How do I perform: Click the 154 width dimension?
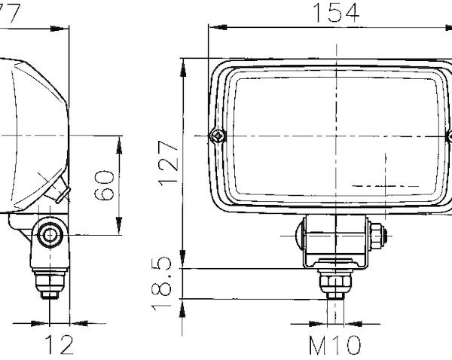336,12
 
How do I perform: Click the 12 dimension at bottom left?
58,345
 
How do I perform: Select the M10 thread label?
336,345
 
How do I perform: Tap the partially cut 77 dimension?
9,11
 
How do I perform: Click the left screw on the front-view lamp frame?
217,136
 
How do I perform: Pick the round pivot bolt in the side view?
50,233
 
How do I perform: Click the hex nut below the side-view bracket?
50,282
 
